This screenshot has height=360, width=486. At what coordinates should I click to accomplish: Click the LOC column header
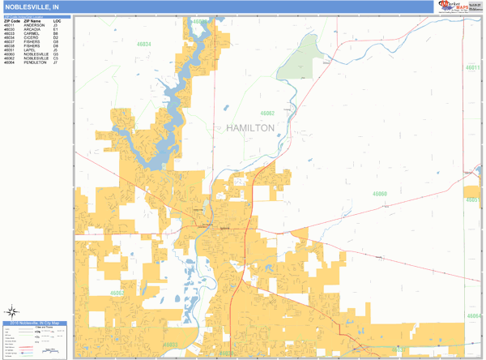click(x=57, y=20)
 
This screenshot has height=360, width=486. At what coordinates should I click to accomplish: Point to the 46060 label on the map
click(x=380, y=194)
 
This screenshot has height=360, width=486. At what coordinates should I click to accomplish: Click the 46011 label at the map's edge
click(x=471, y=67)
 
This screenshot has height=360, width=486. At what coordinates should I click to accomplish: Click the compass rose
click(x=13, y=311)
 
